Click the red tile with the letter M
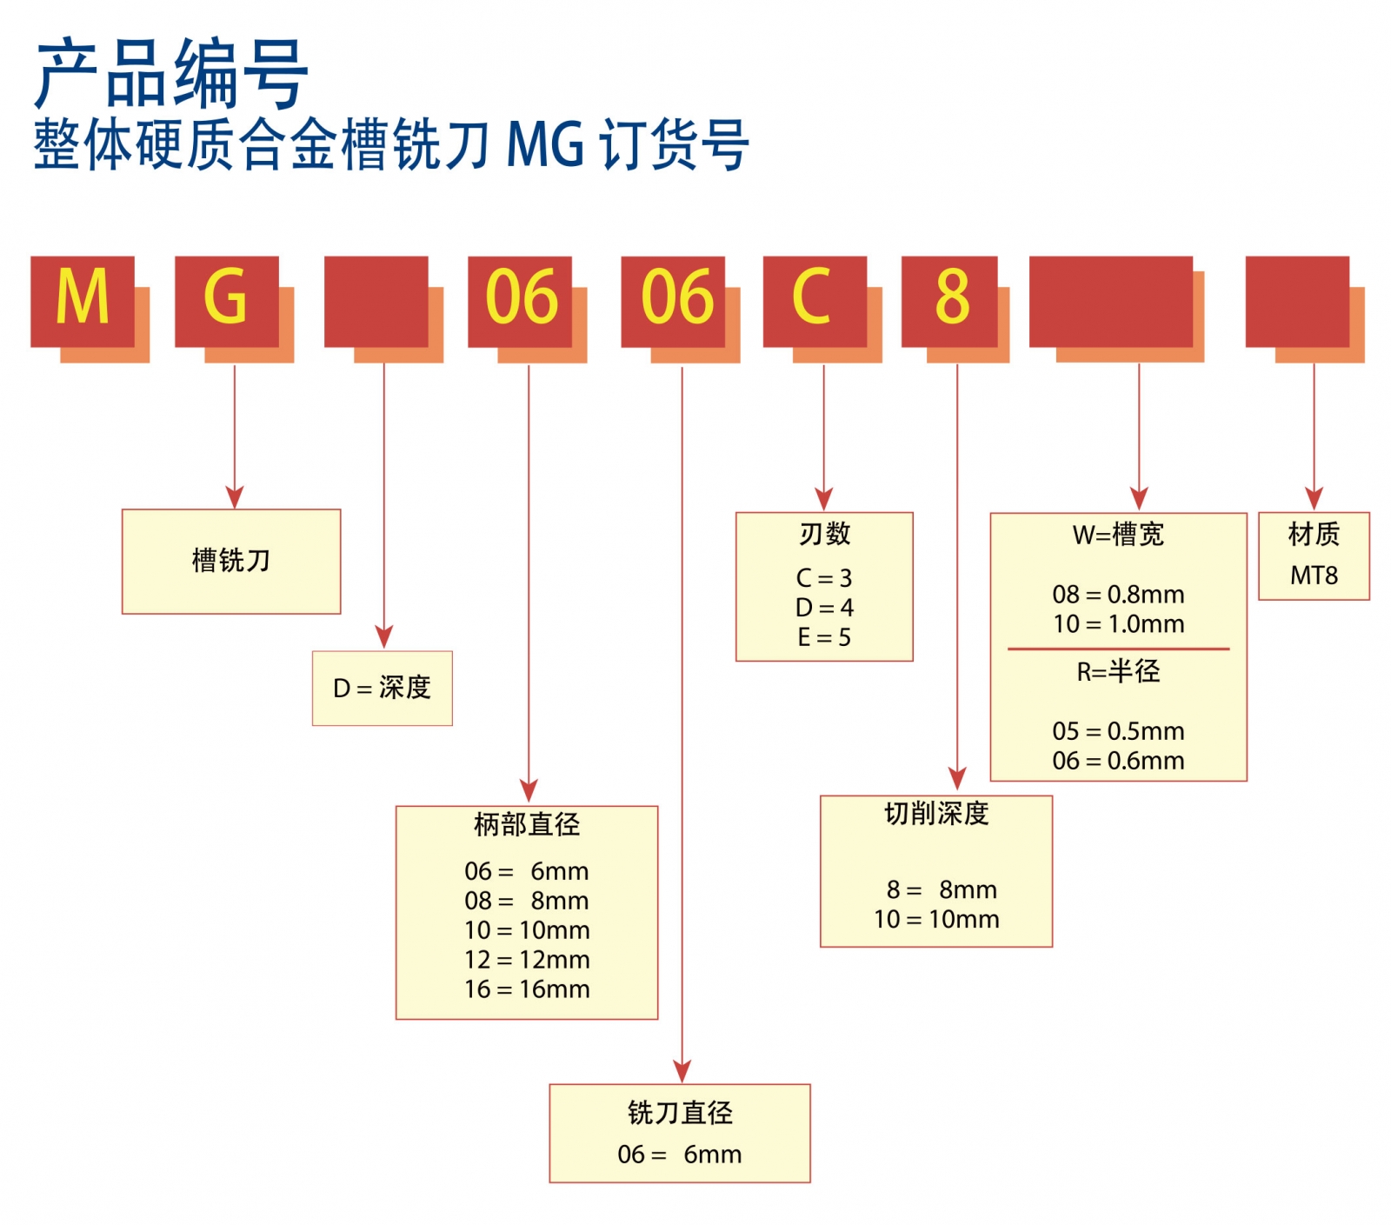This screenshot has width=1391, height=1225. [x=83, y=301]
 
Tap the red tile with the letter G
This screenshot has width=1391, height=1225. [x=227, y=301]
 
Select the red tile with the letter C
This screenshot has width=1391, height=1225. [x=815, y=301]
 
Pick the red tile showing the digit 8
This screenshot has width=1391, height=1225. [x=949, y=301]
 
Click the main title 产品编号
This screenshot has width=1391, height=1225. [x=171, y=75]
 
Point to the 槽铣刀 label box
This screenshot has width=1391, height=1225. [x=231, y=561]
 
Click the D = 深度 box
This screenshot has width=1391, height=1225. [x=383, y=688]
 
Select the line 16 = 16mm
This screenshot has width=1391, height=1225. [x=527, y=989]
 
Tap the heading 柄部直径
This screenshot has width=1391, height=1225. [x=527, y=823]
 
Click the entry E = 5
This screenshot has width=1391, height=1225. [x=824, y=637]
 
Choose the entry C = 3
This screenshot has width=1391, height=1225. [x=824, y=577]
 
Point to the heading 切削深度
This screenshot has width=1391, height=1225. [x=936, y=813]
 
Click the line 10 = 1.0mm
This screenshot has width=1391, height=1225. [x=1118, y=623]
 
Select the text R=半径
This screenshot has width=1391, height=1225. [x=1118, y=671]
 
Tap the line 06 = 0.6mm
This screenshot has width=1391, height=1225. [x=1118, y=761]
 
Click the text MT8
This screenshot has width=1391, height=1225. [x=1314, y=575]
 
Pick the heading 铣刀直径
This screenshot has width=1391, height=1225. [x=680, y=1112]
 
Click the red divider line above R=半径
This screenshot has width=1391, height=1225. [x=1118, y=649]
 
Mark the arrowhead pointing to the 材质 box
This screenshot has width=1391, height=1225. [x=1314, y=499]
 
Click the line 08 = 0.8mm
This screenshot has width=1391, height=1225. [x=1118, y=594]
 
